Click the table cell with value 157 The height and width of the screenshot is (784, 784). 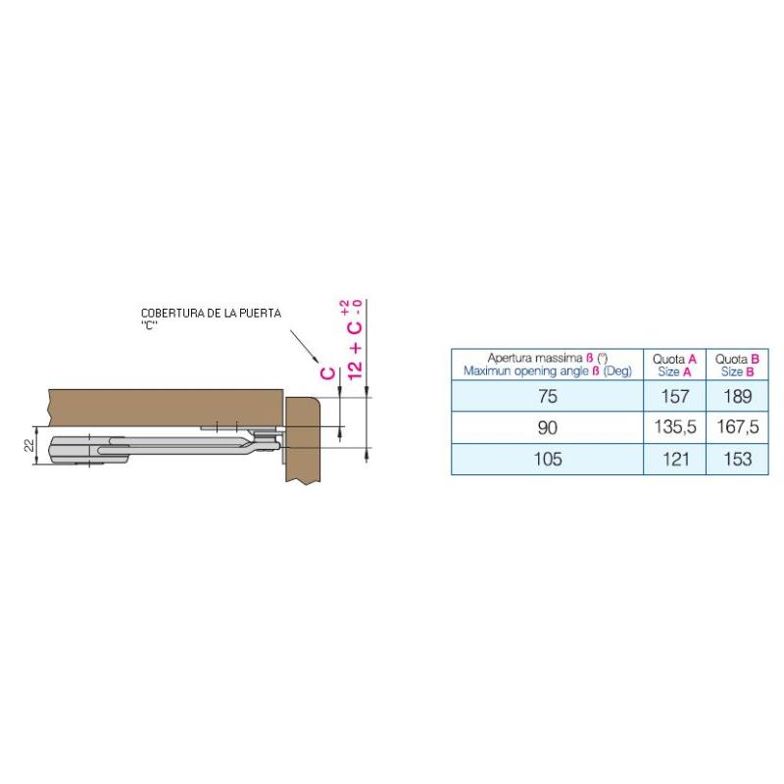point(674,396)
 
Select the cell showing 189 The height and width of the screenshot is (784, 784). point(737,396)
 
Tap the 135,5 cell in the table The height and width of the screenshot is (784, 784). point(674,427)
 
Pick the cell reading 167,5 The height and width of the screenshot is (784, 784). point(737,427)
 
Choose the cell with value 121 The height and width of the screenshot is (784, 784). point(674,459)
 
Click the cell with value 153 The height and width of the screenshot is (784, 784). point(737,459)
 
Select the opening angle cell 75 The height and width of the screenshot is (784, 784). point(548,396)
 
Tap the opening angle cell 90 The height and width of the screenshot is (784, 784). point(548,427)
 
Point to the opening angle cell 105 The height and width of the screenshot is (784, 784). point(548,459)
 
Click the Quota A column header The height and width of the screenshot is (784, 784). point(674,365)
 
